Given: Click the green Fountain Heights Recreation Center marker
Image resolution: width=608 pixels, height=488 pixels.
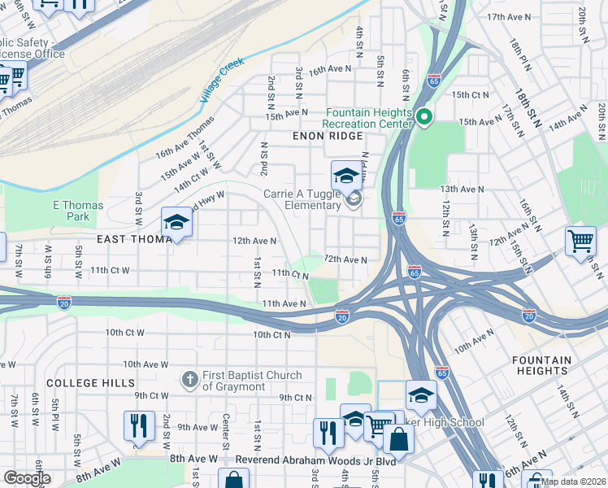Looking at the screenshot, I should (x=423, y=119).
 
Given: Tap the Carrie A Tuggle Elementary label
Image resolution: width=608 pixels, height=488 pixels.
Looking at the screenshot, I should (x=302, y=199).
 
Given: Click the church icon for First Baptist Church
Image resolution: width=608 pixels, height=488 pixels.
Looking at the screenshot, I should (x=189, y=379).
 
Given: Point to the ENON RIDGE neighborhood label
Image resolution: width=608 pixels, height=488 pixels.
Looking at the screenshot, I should (x=328, y=137).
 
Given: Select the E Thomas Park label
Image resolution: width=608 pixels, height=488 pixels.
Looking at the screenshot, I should (x=78, y=211).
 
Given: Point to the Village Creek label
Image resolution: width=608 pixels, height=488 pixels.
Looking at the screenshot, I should (x=222, y=84).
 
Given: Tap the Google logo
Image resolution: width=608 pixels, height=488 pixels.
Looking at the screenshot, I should (x=27, y=477).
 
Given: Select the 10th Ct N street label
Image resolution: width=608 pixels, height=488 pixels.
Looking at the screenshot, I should (x=271, y=334).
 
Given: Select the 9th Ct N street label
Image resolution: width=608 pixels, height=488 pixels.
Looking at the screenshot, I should (x=295, y=397).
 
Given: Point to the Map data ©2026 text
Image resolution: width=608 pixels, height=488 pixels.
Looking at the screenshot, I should (x=573, y=481).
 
